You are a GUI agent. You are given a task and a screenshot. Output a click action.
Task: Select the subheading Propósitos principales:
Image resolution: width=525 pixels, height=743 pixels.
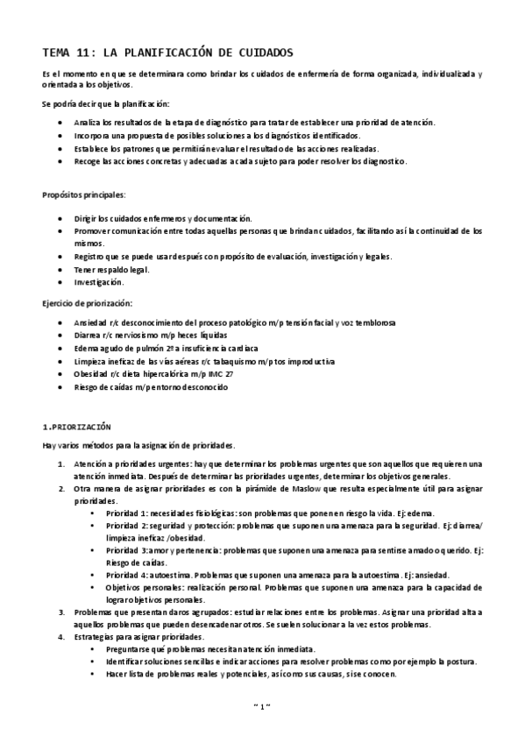pyautogui.click(x=83, y=194)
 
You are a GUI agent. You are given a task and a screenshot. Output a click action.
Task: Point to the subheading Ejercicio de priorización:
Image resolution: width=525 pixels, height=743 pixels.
pyautogui.click(x=88, y=302)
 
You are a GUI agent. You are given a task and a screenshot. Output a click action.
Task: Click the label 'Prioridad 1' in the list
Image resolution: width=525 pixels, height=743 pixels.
pyautogui.click(x=126, y=513)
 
